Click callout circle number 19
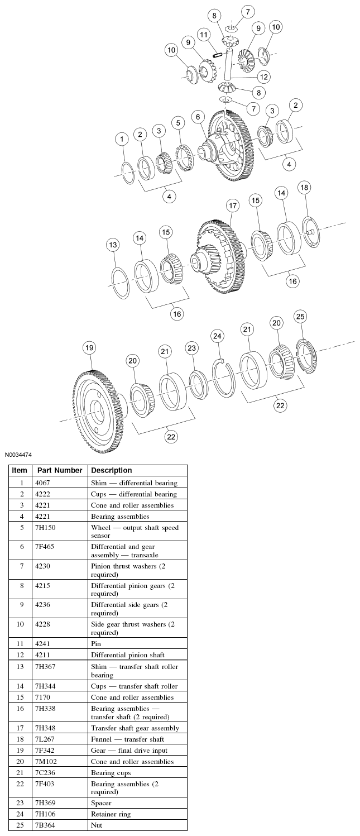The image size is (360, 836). point(89,348)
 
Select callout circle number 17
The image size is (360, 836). point(233,206)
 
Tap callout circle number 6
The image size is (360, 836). point(198,117)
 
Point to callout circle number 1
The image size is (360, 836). point(122,138)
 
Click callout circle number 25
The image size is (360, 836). point(300,317)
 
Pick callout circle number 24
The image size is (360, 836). point(217,336)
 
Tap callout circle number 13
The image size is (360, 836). point(113,245)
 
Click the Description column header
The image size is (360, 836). point(111,470)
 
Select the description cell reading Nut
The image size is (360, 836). point(97,824)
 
